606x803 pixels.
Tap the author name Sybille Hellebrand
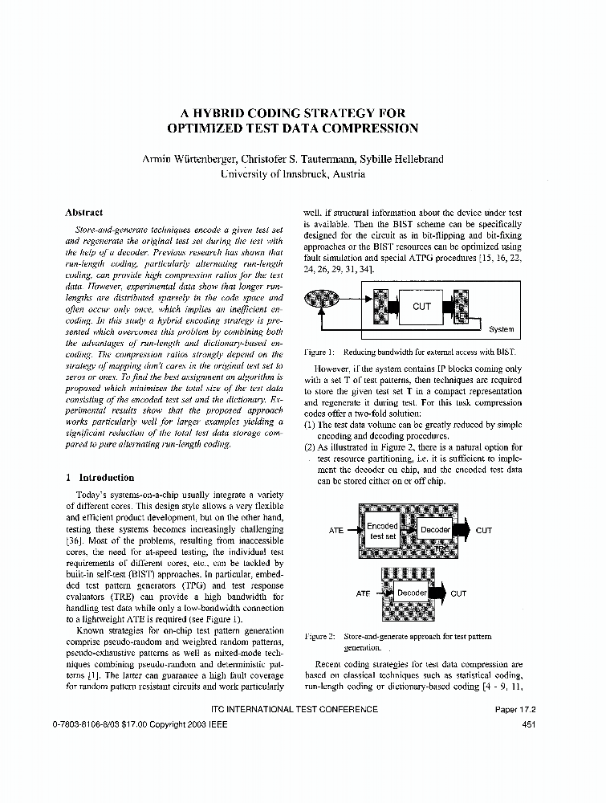(399, 159)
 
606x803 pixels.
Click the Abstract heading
(83, 213)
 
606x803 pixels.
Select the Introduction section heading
(106, 477)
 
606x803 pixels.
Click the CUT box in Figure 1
(422, 307)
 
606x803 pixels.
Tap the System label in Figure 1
(501, 329)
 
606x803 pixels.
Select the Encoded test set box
(382, 531)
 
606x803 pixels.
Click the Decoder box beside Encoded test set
(435, 530)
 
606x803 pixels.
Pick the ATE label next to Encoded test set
(336, 531)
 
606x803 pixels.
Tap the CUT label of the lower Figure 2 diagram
(458, 593)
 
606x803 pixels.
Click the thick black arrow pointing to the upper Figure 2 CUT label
(463, 530)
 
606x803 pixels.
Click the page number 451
(528, 724)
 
